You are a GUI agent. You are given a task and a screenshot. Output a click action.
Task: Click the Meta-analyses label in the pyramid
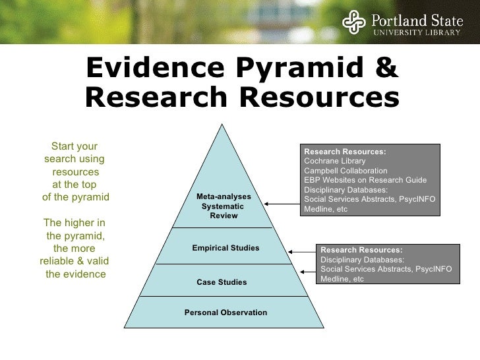pyautogui.click(x=224, y=197)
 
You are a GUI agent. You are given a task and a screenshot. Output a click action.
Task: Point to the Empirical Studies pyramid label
pyautogui.click(x=225, y=248)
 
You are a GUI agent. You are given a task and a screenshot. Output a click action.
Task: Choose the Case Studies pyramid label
pyautogui.click(x=222, y=282)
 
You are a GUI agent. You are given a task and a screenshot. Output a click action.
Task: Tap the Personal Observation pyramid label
pyautogui.click(x=225, y=312)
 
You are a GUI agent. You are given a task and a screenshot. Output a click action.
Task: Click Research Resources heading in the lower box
pyautogui.click(x=361, y=249)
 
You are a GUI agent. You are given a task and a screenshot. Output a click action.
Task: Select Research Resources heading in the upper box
pyautogui.click(x=345, y=152)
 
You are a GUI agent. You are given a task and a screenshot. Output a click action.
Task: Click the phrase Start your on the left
pyautogui.click(x=75, y=146)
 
